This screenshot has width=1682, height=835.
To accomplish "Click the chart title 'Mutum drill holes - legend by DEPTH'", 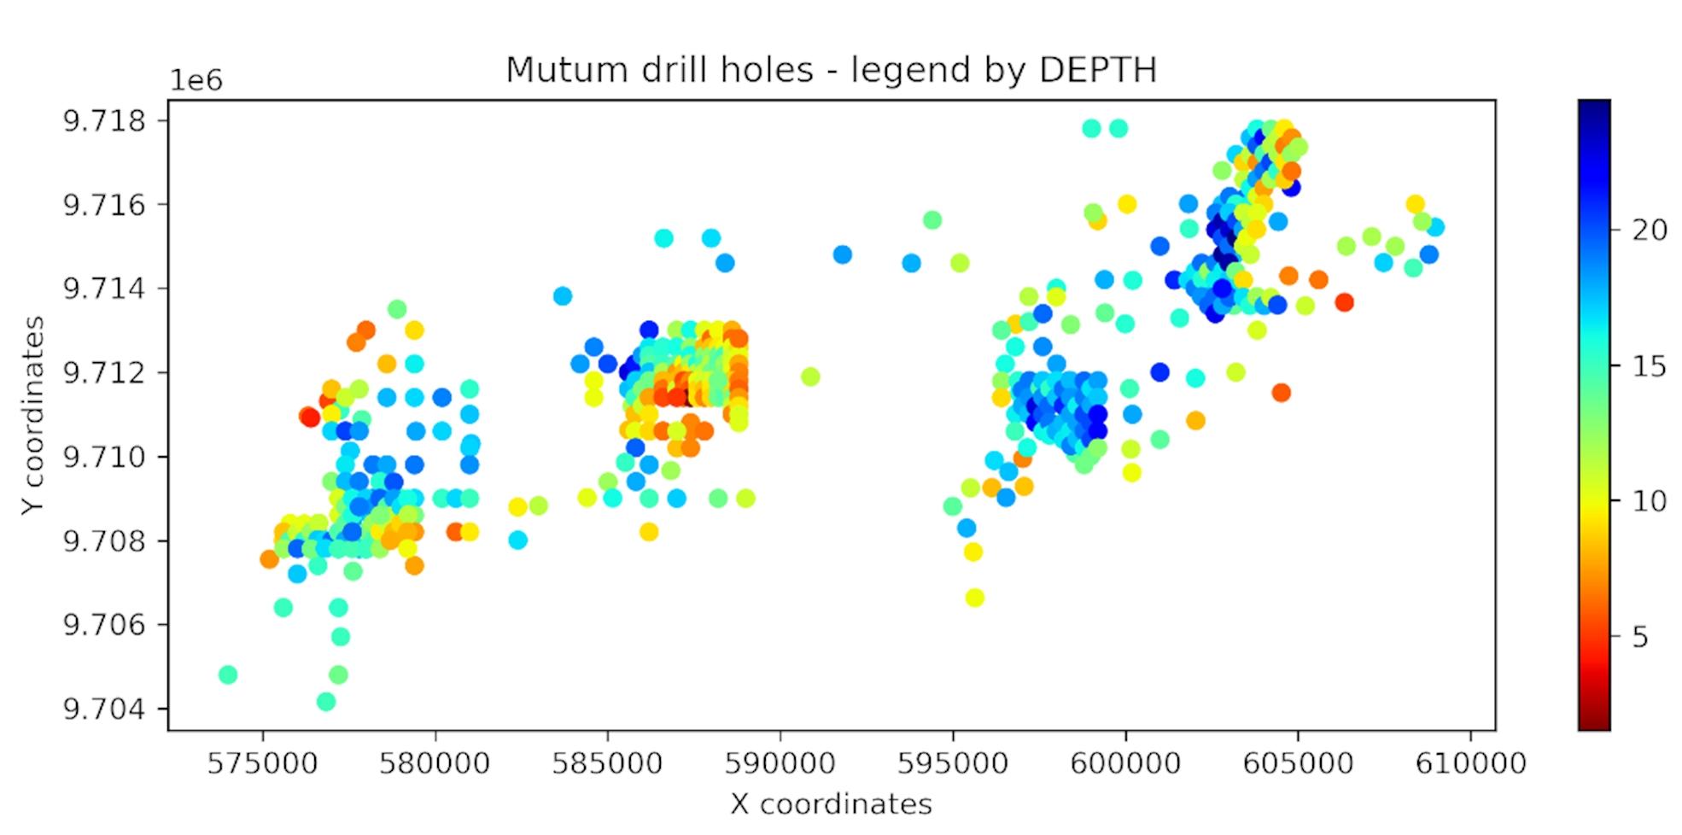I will [x=831, y=70].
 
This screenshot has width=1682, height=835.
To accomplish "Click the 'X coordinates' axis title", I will [x=831, y=803].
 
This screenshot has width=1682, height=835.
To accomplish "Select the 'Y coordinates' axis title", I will [x=32, y=415].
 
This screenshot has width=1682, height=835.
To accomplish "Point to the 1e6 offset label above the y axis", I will [x=196, y=80].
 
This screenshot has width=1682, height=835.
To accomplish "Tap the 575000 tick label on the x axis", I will [x=262, y=762].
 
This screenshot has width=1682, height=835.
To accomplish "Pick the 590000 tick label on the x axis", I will [x=780, y=762].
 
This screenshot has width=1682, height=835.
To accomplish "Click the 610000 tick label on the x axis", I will [x=1470, y=762].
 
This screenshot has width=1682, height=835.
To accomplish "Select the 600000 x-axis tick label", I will [x=1125, y=762].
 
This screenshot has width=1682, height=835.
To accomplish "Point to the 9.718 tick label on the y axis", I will [x=104, y=121].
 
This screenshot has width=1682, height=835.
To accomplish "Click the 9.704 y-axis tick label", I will [x=104, y=709].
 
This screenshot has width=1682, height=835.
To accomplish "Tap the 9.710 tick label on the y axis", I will [x=104, y=457].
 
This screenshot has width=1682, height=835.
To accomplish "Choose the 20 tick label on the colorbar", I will [x=1650, y=230].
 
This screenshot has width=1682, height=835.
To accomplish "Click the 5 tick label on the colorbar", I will [x=1640, y=637].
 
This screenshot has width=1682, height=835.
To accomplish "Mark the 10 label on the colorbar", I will [x=1650, y=501].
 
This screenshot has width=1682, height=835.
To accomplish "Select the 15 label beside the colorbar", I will [x=1650, y=366].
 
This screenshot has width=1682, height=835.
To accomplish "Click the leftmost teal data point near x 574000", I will [x=228, y=674].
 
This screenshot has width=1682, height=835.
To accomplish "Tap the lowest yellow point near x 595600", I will [x=974, y=598].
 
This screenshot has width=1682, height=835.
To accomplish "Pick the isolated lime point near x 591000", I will [x=810, y=377].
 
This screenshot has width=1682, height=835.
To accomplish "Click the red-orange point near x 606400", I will [x=1345, y=302].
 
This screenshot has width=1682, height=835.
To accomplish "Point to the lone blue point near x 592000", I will [x=843, y=254].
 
